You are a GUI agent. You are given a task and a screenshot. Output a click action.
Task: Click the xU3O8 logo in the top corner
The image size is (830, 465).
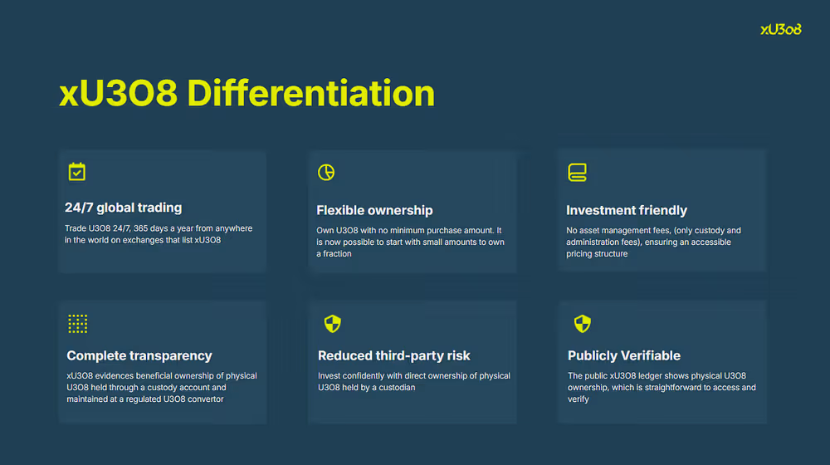coord(781,30)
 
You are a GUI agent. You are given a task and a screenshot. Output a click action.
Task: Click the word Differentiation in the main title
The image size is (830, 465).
coord(310,94)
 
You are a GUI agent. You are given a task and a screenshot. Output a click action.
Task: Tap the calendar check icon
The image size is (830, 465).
coord(76,172)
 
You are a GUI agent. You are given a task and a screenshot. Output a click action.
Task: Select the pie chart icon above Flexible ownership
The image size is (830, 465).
coord(326,172)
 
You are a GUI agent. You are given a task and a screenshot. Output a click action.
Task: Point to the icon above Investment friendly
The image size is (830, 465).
coord(577,172)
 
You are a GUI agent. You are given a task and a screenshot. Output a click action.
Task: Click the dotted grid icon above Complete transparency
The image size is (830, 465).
coord(78,324)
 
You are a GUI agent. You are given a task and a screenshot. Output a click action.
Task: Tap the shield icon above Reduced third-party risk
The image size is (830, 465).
coord(333,324)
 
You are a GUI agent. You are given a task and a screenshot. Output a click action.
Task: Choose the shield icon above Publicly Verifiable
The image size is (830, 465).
coord(583,324)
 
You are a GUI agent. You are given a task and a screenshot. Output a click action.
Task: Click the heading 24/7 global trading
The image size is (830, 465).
coord(124,208)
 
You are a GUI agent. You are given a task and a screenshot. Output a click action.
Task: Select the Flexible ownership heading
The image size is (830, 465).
coord(375,210)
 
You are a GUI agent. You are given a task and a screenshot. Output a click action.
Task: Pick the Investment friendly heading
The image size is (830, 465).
coord(627,210)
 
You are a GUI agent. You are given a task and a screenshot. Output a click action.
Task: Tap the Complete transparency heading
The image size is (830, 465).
coord(139,355)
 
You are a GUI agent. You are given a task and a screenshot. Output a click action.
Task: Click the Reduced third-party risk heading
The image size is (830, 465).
coord(393,355)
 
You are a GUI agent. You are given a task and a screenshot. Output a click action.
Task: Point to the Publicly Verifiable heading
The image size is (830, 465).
coord(624,355)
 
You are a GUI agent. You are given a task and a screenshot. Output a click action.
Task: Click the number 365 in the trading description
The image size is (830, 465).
coord(141,228)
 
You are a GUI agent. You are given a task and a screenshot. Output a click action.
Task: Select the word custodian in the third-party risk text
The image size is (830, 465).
coord(397,388)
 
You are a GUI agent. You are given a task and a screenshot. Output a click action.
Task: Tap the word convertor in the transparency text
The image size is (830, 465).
coord(204,399)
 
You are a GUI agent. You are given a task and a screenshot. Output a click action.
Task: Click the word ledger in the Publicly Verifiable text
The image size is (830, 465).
coord(651,375)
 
